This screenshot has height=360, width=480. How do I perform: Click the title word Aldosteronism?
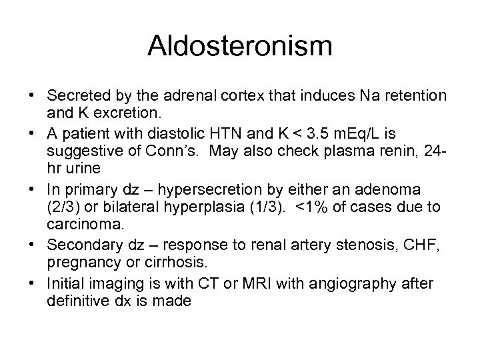pos(239,47)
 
